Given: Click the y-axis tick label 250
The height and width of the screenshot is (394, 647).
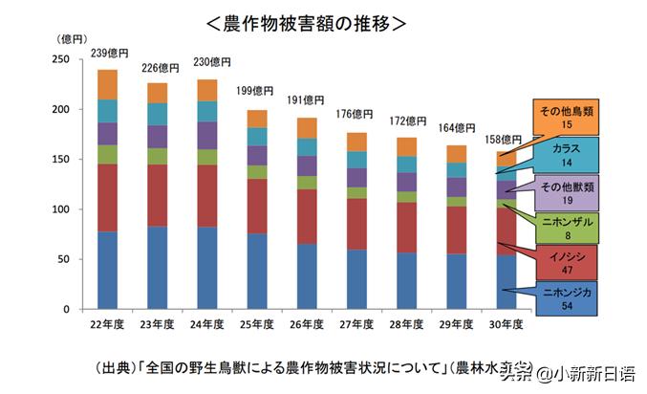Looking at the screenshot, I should pos(60,59).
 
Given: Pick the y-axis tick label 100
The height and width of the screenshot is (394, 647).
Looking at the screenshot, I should pos(60,209).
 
